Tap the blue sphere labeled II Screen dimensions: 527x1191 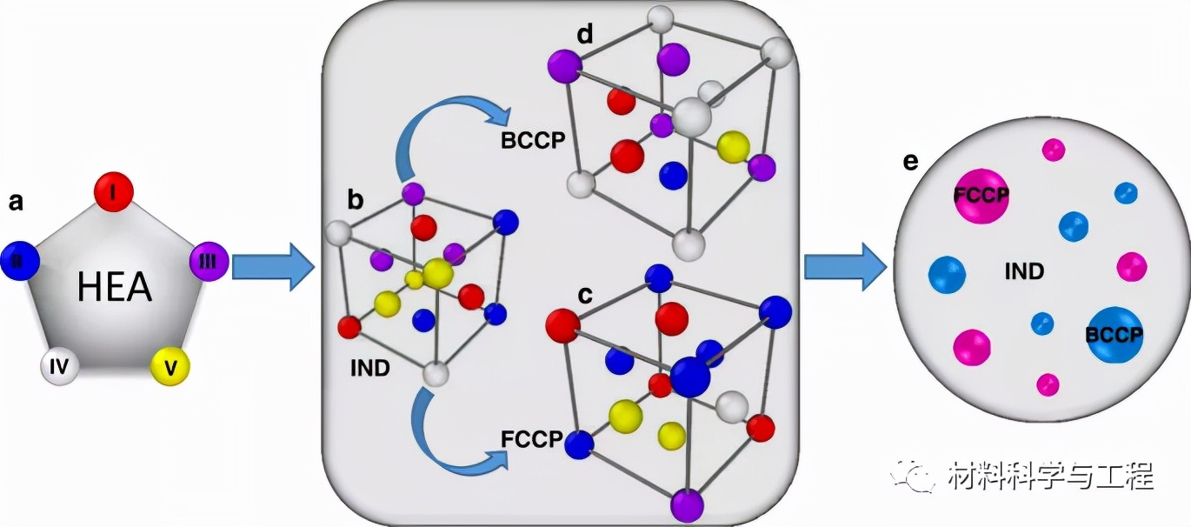[x=20, y=260]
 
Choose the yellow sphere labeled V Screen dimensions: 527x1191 [x=170, y=368]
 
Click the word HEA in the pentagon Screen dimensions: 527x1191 [x=115, y=286]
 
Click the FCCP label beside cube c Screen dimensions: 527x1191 [x=531, y=436]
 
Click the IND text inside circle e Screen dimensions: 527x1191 [x=1024, y=271]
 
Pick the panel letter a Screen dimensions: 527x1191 [x=16, y=203]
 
